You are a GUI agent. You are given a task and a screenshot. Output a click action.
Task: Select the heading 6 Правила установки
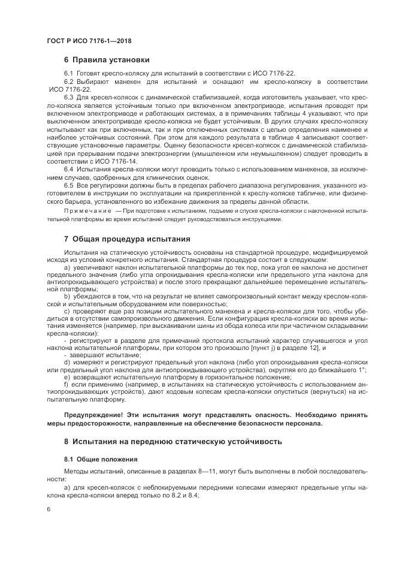pos(107,60)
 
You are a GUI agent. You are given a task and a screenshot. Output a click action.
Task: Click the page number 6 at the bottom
pos(47,509)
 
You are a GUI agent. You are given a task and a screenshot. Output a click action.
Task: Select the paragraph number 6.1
pos(68,73)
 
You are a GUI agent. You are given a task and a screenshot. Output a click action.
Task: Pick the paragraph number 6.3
pos(68,96)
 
